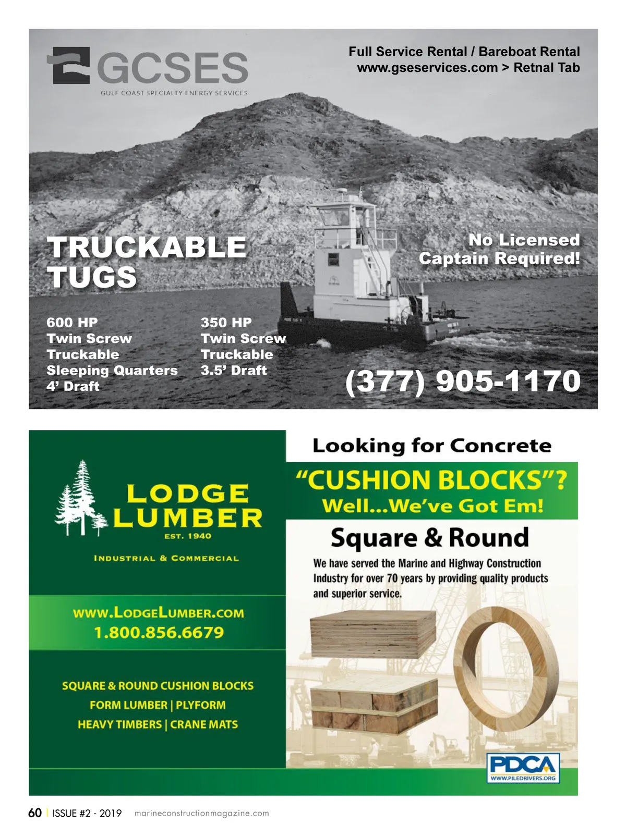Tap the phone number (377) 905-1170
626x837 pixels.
(463, 381)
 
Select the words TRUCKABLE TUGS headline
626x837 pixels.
(146, 262)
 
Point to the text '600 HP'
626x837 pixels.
(72, 323)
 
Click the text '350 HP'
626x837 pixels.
(226, 323)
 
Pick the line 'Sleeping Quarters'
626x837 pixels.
(112, 371)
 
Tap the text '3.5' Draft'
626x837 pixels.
(234, 371)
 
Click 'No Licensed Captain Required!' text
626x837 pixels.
(499, 249)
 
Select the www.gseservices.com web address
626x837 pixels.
(427, 68)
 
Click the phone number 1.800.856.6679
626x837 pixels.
(159, 633)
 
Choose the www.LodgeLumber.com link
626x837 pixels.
(159, 613)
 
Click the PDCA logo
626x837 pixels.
(523, 768)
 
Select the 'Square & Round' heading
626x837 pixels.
(430, 538)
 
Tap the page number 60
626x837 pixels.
(35, 813)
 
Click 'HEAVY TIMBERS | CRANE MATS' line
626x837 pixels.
(158, 724)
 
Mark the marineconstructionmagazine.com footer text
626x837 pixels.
(201, 814)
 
